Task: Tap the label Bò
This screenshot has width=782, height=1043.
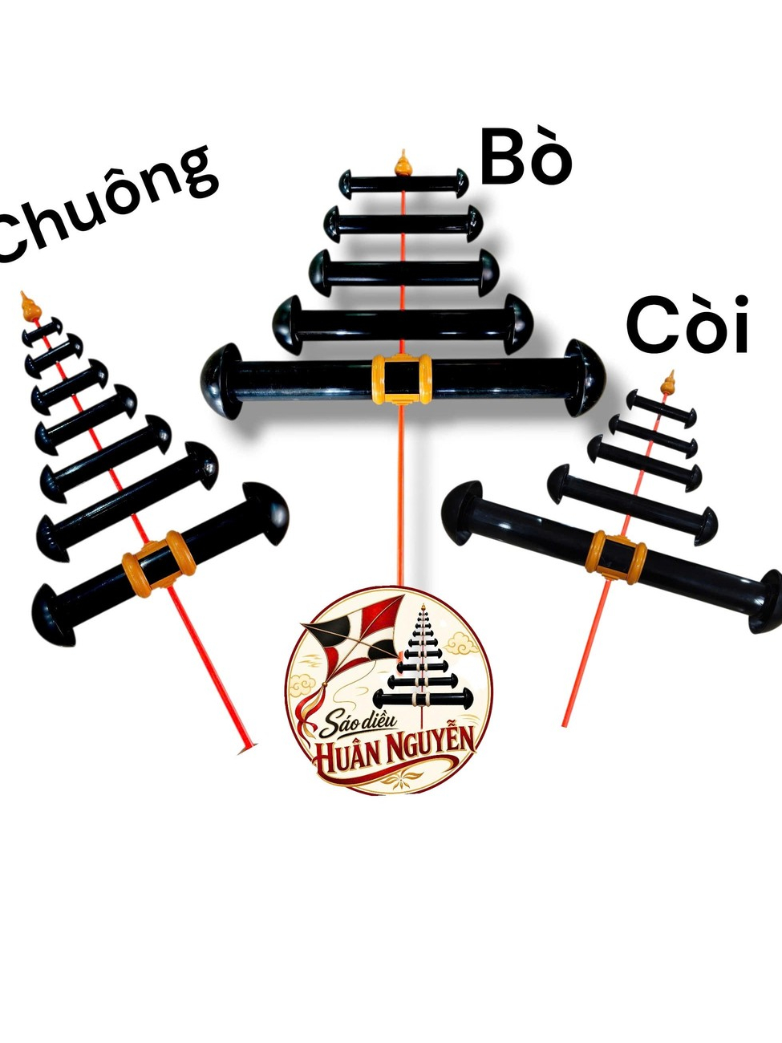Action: [525, 158]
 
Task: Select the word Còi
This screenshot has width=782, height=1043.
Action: [687, 325]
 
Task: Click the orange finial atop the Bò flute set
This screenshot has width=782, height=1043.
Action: [403, 164]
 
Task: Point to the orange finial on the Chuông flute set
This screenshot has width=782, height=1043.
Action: [30, 306]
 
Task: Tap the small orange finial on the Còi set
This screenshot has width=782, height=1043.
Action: [669, 382]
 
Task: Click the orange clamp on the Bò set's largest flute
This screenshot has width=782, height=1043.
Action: [402, 379]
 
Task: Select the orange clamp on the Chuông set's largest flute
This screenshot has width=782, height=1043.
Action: [159, 563]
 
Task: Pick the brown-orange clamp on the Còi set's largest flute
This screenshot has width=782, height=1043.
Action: [616, 558]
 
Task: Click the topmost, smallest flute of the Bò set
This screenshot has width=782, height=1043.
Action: [404, 184]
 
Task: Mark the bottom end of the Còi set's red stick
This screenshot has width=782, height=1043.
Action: [565, 725]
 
